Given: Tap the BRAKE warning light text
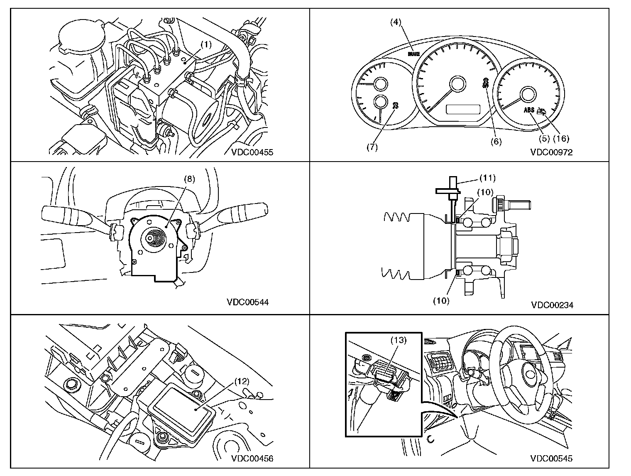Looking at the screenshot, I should coord(413,54).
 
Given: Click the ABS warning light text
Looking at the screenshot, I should coord(529,110).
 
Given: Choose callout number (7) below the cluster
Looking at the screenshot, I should coord(372,147).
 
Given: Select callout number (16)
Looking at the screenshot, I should coord(560,138).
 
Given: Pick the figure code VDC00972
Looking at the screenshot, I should coord(551,152).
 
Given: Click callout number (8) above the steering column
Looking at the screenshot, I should coord(189,179).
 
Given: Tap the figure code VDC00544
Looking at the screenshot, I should coord(248,302).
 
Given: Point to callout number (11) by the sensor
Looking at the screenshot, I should coord(487,178).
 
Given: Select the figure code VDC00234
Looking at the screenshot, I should coord(552,305).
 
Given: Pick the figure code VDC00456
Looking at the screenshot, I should coord(252,459).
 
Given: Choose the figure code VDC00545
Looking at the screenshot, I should coord(551,459).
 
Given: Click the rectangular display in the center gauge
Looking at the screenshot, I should coord(463,110).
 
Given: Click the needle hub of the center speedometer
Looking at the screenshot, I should coord(458,84).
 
